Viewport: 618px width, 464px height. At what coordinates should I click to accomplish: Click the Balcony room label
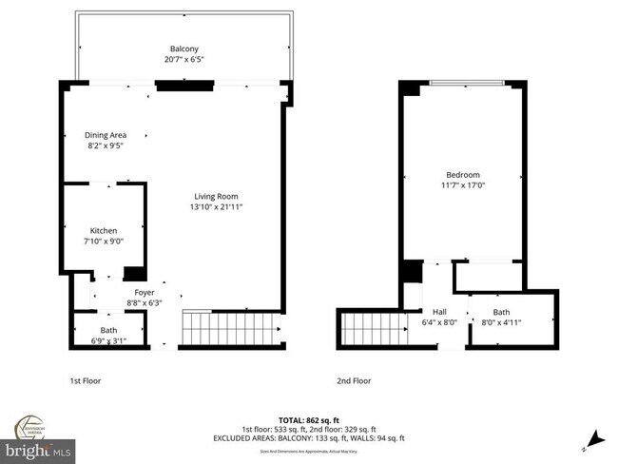point(184,48)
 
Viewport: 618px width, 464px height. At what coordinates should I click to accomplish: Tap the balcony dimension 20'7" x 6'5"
point(184,60)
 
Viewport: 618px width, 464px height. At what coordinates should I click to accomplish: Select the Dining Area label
point(106,135)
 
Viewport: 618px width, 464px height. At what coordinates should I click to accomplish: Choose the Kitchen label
point(104,231)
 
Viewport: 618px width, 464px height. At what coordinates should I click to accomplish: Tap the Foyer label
point(144,293)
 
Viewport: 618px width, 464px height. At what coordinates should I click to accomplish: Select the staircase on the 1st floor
point(232,329)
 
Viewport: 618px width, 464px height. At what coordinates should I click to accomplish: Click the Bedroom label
point(463,175)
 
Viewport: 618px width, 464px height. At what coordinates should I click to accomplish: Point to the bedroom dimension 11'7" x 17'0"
point(463,186)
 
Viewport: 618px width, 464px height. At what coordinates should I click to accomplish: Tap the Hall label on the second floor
point(439,311)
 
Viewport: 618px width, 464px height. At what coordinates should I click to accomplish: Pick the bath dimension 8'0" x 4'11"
point(501,322)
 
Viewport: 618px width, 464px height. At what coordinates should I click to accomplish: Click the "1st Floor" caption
point(86,380)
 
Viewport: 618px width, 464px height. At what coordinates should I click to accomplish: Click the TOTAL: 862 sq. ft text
point(308,419)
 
